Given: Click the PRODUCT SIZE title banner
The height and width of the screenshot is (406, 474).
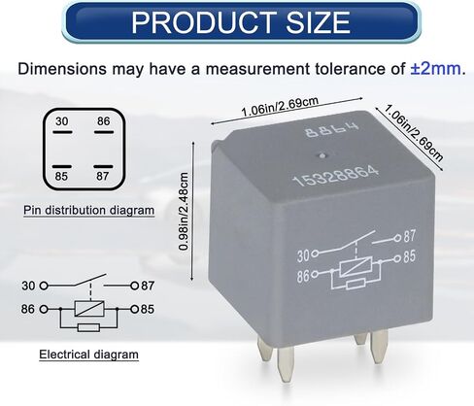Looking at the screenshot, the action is [x=241, y=22].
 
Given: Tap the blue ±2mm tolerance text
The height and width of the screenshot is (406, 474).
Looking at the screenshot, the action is [x=436, y=69].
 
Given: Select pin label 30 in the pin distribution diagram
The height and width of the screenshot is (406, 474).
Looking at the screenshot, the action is [x=62, y=121].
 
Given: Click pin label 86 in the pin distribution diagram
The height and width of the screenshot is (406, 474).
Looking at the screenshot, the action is [x=104, y=121].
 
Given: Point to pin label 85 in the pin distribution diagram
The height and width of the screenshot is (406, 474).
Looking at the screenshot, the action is [x=61, y=177].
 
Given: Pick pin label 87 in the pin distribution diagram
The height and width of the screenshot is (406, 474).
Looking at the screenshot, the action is [x=103, y=177].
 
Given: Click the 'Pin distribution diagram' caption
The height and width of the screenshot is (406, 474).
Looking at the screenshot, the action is [x=88, y=211].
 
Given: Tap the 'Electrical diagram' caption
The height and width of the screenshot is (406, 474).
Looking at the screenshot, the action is [x=88, y=355].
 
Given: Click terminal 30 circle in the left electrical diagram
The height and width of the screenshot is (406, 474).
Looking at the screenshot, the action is [x=44, y=286].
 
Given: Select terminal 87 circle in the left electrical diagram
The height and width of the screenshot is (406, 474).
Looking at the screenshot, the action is [x=135, y=286].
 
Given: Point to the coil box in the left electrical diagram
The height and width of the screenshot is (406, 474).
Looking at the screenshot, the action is [x=89, y=309].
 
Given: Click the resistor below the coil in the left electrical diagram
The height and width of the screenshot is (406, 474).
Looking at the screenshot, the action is [x=88, y=327].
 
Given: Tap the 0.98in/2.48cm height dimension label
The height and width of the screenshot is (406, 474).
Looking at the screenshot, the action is [x=184, y=212].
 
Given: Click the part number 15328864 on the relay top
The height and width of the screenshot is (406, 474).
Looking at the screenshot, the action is [x=335, y=176].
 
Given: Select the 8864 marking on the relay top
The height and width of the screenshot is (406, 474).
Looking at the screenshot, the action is [x=332, y=129].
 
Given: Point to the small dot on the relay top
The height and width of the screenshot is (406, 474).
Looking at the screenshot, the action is [x=322, y=155].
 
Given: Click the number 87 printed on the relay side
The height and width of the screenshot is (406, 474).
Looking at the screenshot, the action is [x=409, y=236].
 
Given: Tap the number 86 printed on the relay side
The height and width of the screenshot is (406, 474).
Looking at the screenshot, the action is [x=303, y=276].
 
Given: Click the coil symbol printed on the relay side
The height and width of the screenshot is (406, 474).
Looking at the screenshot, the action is [x=355, y=266].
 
